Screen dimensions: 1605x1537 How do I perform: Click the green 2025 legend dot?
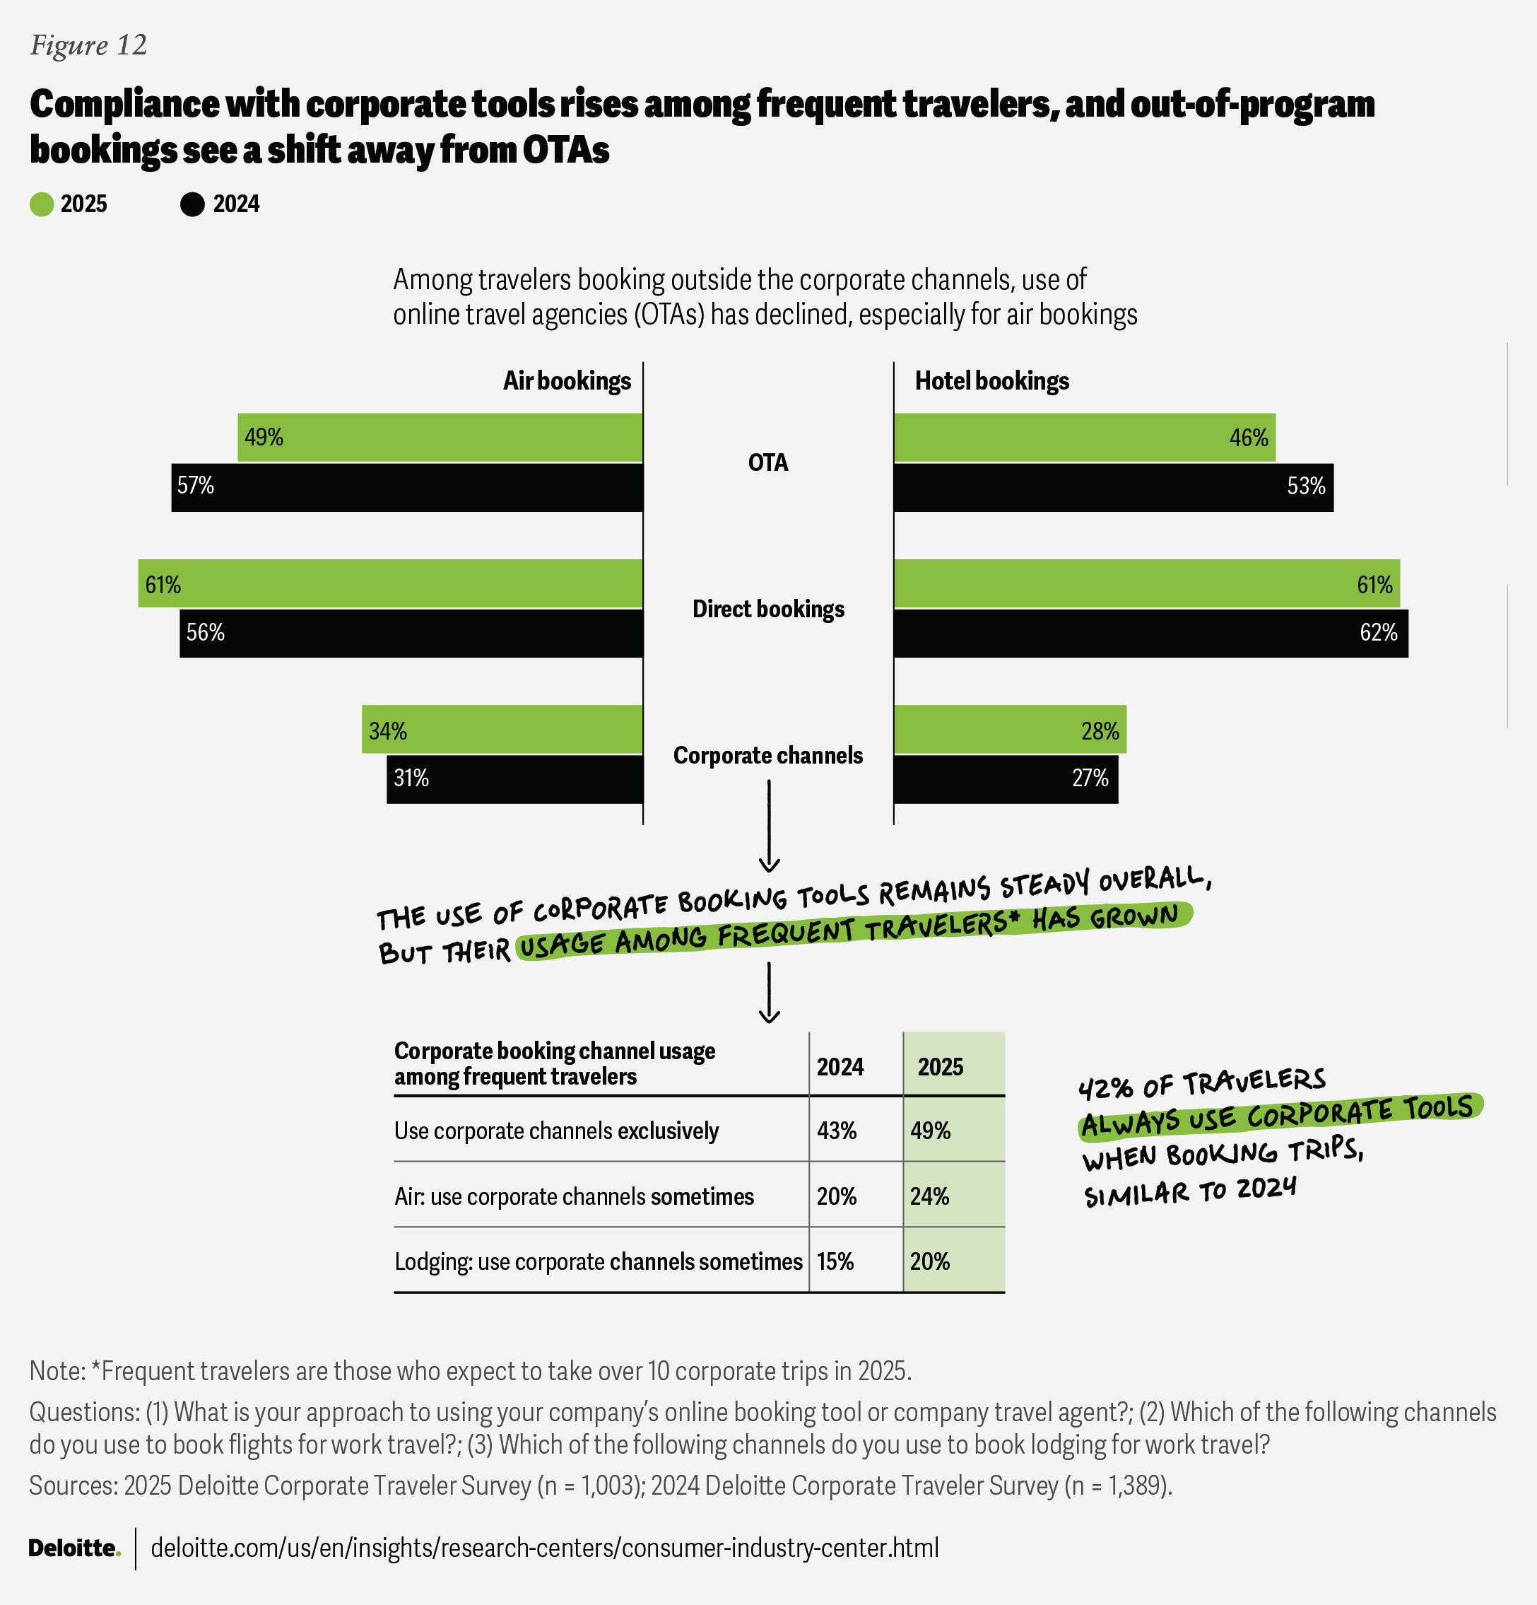[x=42, y=204]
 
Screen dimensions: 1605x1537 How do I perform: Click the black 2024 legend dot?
[x=192, y=204]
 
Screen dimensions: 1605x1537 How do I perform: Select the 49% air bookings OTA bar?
[x=440, y=437]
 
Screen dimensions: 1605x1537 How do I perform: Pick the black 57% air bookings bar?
[x=407, y=487]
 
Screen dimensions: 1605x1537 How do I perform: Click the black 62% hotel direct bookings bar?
[x=1150, y=633]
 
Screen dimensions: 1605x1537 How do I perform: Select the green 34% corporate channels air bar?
[x=502, y=730]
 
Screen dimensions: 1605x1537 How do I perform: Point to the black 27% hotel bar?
[x=1005, y=778]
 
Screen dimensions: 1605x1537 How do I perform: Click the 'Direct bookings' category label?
[x=767, y=609]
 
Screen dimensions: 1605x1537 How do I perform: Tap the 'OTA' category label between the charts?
[x=767, y=462]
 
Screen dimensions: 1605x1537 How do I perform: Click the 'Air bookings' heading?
[x=566, y=381]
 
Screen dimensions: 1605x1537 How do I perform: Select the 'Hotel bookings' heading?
[x=991, y=381]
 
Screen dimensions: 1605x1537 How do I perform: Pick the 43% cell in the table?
[x=837, y=1131]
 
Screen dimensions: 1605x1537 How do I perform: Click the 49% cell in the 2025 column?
[x=931, y=1131]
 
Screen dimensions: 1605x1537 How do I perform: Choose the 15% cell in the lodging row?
[x=835, y=1261]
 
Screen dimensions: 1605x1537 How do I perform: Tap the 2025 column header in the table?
[x=941, y=1066]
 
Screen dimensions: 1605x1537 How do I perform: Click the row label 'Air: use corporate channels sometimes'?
[x=574, y=1196]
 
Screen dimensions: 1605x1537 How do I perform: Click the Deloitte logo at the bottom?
[x=73, y=1548]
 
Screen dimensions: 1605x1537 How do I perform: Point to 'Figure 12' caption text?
[x=88, y=45]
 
